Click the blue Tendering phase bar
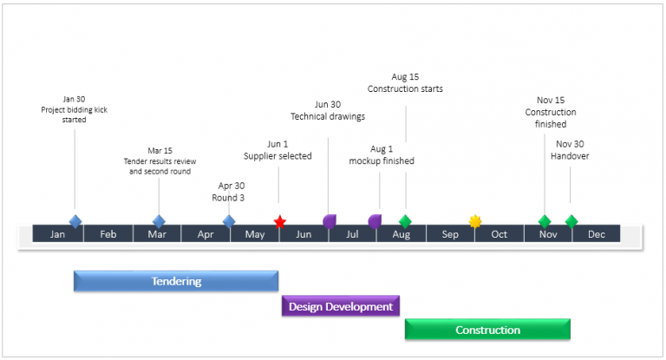click(x=176, y=281)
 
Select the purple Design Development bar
click(x=341, y=306)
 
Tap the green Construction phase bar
click(x=487, y=330)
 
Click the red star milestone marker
click(x=279, y=222)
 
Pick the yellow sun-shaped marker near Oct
click(x=475, y=221)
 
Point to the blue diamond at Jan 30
click(x=75, y=221)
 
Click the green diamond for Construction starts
click(x=405, y=221)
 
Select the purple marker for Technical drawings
click(x=330, y=221)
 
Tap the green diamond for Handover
click(x=571, y=221)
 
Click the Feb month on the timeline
click(x=108, y=234)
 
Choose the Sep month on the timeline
click(x=450, y=234)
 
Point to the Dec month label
click(x=597, y=234)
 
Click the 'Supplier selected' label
click(x=277, y=156)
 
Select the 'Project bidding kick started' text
click(x=74, y=115)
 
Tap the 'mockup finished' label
click(x=382, y=160)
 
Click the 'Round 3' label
click(x=229, y=197)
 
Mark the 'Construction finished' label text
click(x=551, y=118)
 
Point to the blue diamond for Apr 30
click(x=229, y=221)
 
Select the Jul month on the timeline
click(x=352, y=234)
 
